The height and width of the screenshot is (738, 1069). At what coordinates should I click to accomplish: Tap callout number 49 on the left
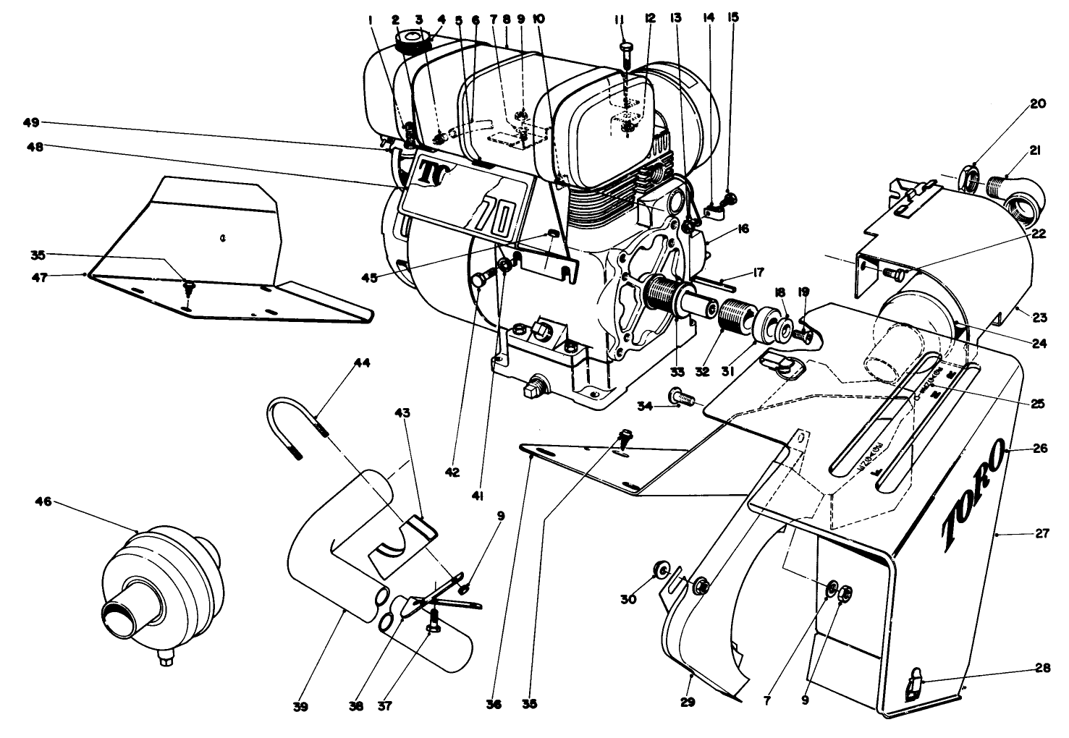(x=30, y=123)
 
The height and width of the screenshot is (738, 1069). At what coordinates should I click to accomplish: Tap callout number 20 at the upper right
(x=1038, y=103)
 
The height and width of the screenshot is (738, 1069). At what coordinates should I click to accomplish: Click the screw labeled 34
(x=683, y=396)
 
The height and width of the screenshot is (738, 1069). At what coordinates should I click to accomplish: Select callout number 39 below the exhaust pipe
(x=301, y=706)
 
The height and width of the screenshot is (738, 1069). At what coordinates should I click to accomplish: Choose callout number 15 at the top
(x=734, y=17)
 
